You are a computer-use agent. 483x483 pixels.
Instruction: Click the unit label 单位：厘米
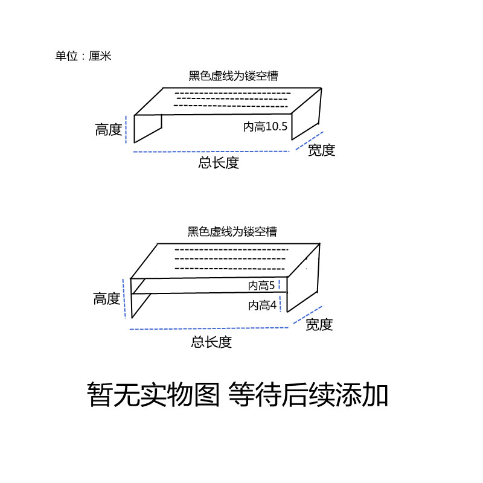[83, 56]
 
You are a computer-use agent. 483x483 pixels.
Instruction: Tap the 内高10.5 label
[266, 127]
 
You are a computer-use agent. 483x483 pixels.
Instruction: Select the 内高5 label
[261, 286]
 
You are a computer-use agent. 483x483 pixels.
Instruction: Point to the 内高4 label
[262, 305]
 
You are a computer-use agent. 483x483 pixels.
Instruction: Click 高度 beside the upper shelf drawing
[109, 129]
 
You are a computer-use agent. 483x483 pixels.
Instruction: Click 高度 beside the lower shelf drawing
[107, 298]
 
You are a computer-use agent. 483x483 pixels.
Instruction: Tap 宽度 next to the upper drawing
[321, 150]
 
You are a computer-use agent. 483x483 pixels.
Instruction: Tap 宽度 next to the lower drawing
[319, 325]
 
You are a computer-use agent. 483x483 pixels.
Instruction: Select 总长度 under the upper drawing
[219, 162]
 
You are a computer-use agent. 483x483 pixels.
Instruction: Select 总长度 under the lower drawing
[211, 342]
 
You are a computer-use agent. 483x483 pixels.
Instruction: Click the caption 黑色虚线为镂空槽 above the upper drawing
[233, 76]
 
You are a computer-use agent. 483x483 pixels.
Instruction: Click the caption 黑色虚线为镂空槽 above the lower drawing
[232, 232]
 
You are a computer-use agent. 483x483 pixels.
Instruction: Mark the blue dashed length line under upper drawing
[211, 151]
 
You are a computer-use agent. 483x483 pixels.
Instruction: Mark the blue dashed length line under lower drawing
[208, 329]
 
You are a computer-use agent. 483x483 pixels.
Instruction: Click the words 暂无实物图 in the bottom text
[153, 395]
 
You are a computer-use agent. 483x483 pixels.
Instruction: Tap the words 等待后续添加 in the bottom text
[308, 395]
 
